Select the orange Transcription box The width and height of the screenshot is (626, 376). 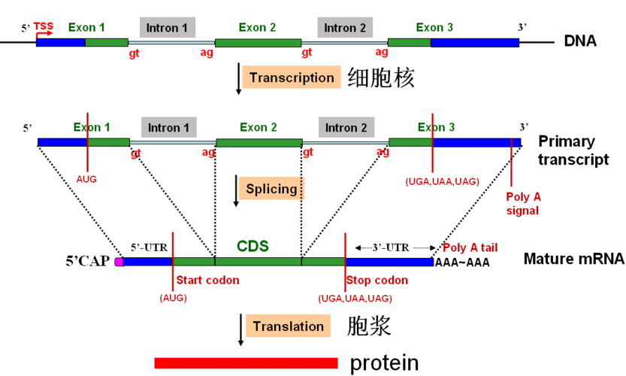tap(292, 77)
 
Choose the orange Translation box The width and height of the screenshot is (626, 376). tap(288, 326)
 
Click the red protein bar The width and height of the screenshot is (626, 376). tap(246, 363)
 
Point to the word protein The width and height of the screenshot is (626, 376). tap(383, 363)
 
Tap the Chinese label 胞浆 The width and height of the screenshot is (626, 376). tap(369, 326)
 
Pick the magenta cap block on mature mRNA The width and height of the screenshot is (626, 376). tap(119, 262)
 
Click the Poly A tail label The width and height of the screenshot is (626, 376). tap(470, 247)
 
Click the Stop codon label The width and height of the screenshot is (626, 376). tap(377, 280)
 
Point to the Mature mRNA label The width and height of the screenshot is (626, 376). tap(574, 259)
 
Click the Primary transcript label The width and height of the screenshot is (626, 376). tap(573, 150)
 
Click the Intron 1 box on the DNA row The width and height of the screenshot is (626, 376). tap(167, 28)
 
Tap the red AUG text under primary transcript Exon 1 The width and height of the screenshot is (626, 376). tap(86, 180)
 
